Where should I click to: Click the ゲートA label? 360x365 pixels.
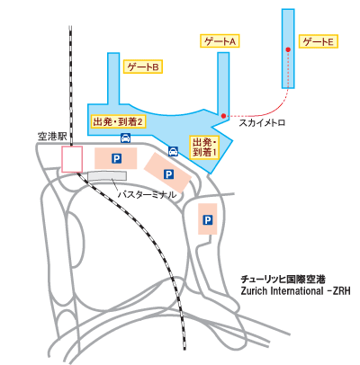click(x=220, y=41)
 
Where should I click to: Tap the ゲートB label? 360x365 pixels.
click(x=143, y=67)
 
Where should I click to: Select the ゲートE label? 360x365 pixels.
click(x=319, y=41)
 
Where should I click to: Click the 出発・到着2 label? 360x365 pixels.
click(x=118, y=122)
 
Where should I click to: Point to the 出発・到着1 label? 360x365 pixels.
click(x=205, y=147)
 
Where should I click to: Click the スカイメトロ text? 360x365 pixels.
click(x=262, y=123)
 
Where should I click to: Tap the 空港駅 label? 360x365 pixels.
click(x=52, y=137)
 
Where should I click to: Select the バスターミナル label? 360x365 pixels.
click(x=147, y=195)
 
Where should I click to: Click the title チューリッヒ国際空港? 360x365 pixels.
click(x=283, y=280)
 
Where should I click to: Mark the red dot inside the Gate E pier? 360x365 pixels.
click(x=288, y=49)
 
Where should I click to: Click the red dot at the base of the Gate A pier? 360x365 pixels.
click(x=223, y=116)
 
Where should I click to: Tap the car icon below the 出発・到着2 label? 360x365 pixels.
click(x=125, y=138)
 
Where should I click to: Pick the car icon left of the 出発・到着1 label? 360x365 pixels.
click(x=173, y=151)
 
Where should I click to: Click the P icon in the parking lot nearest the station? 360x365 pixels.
click(x=116, y=158)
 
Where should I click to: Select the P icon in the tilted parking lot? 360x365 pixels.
click(x=168, y=174)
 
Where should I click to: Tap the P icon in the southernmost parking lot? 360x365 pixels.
click(x=207, y=220)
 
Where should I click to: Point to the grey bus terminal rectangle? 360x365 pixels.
click(x=107, y=176)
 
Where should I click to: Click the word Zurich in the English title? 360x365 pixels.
click(x=254, y=291)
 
